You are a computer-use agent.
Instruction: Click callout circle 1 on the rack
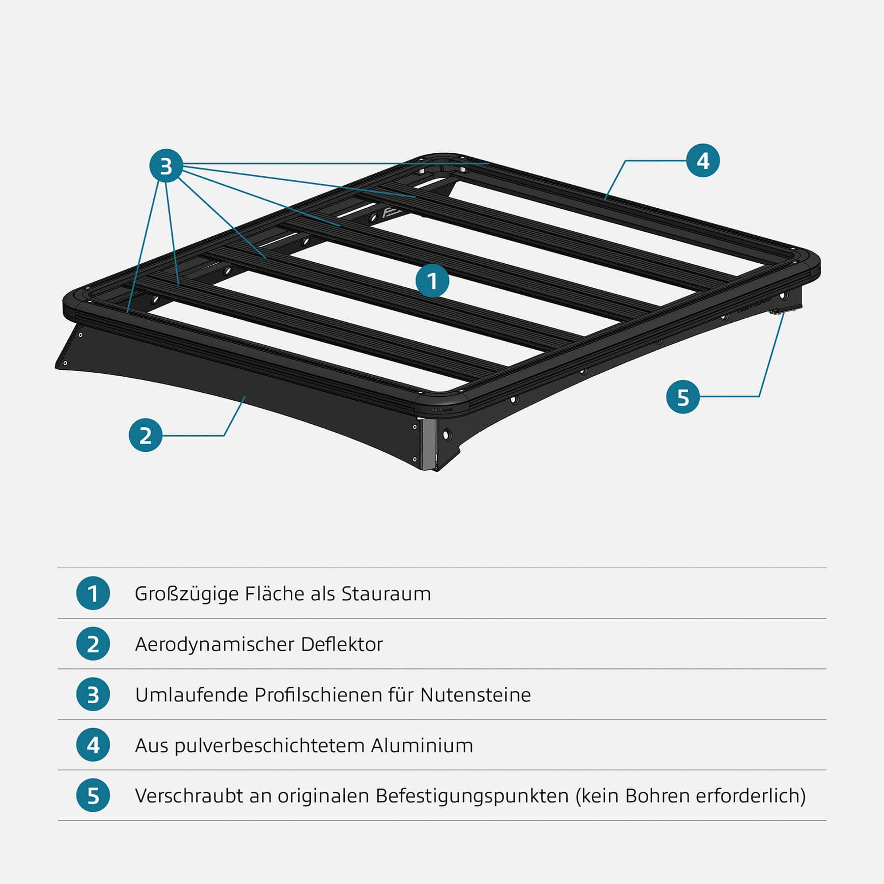coord(432,281)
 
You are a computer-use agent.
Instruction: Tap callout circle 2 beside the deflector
coord(145,435)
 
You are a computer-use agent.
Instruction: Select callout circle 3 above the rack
coord(166,166)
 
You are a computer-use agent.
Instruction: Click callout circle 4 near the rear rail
coord(703,161)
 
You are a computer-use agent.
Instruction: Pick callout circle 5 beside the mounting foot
coord(683,397)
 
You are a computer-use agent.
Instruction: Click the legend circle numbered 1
coord(93,593)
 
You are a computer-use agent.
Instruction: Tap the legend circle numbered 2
coord(93,644)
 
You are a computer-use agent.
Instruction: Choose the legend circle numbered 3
coord(93,694)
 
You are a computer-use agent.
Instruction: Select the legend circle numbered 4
coord(93,745)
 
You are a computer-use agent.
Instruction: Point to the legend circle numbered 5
coord(93,796)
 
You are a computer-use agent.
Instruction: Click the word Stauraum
coord(386,594)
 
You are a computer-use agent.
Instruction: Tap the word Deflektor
coord(342,644)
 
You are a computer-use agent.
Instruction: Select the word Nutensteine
coord(475,695)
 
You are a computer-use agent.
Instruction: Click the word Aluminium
coord(422,746)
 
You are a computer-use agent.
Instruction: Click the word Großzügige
coord(187,594)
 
